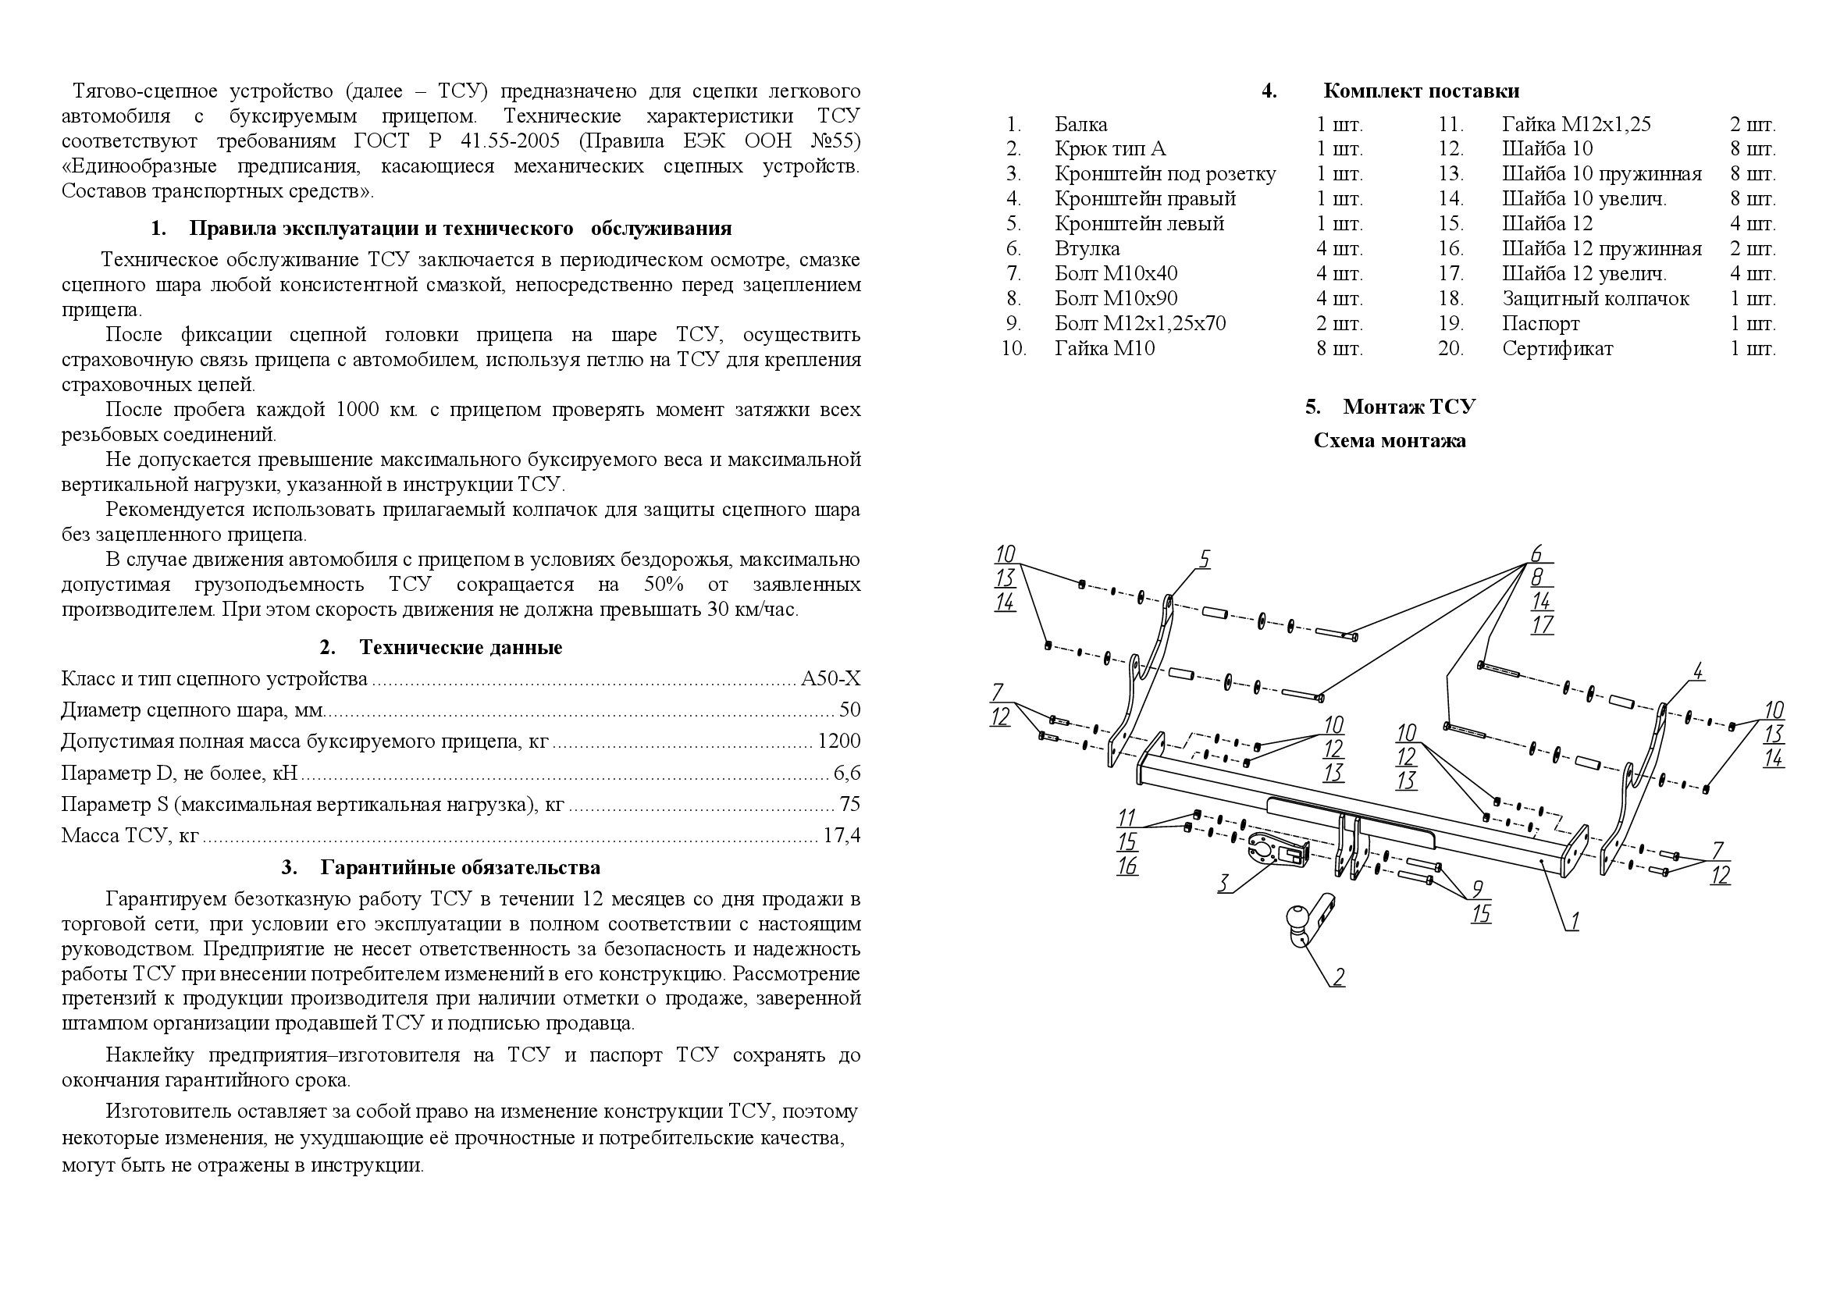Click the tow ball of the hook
pos(1294,919)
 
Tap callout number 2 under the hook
pos(1340,976)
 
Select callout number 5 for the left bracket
pos(1205,560)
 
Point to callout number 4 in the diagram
pos(1698,671)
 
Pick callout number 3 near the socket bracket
pos(1225,883)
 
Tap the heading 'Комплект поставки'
pos(1421,91)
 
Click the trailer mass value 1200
pos(839,742)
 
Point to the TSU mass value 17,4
pos(841,835)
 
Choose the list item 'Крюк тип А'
pos(1110,148)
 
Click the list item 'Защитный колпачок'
pos(1596,299)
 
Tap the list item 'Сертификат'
pos(1557,349)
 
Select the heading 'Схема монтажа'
pos(1390,440)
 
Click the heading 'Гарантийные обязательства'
pos(461,867)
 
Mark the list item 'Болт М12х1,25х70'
pos(1141,324)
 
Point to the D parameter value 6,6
pos(847,773)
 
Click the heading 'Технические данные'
pos(461,647)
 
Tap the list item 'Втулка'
pos(1087,249)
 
